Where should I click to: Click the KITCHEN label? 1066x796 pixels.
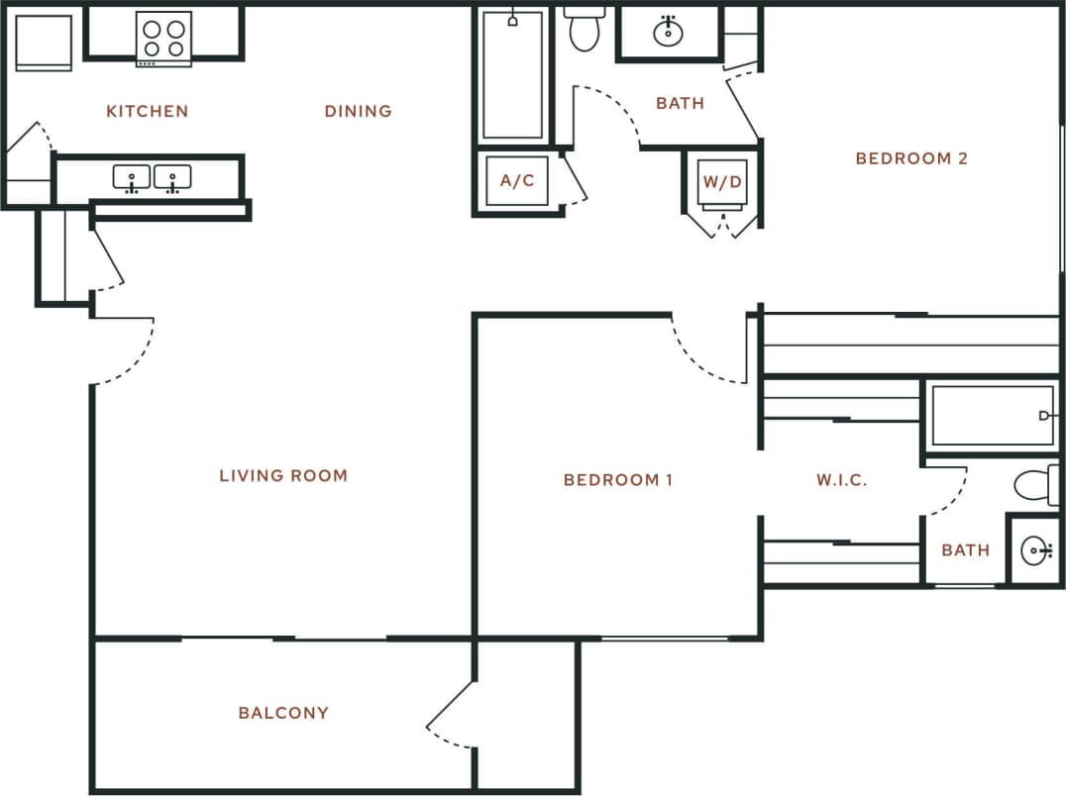coord(147,111)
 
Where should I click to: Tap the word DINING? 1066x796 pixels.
coord(358,111)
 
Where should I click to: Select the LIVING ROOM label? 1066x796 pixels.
coord(283,476)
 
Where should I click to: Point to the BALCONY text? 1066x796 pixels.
coord(283,713)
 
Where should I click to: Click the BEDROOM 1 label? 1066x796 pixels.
coord(618,480)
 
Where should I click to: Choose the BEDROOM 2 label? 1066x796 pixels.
coord(911,158)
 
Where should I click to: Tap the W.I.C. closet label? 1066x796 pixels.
coord(842,480)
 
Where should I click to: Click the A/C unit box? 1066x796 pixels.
coord(517,181)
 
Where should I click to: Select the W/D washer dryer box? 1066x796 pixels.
coord(722,182)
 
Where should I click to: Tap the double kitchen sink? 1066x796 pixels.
coord(152,178)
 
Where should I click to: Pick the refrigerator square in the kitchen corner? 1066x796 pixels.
coord(44,42)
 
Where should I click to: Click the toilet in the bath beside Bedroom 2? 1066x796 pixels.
coord(586,29)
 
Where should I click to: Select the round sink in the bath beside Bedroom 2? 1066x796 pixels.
coord(669,33)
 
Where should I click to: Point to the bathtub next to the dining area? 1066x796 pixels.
coord(512,75)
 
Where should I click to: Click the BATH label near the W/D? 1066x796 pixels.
coord(681,103)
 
